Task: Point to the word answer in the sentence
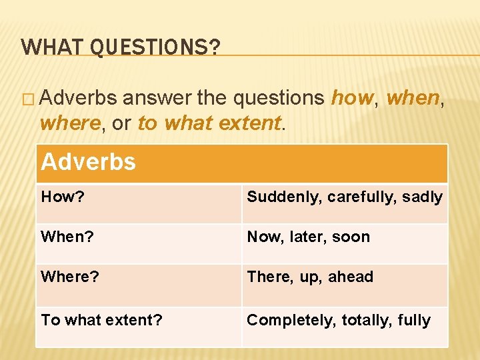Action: point(157,98)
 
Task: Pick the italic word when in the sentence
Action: point(413,98)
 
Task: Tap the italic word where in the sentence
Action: point(68,123)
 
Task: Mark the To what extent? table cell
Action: point(102,320)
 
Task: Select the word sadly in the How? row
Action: point(423,197)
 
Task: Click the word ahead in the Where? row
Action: point(351,277)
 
